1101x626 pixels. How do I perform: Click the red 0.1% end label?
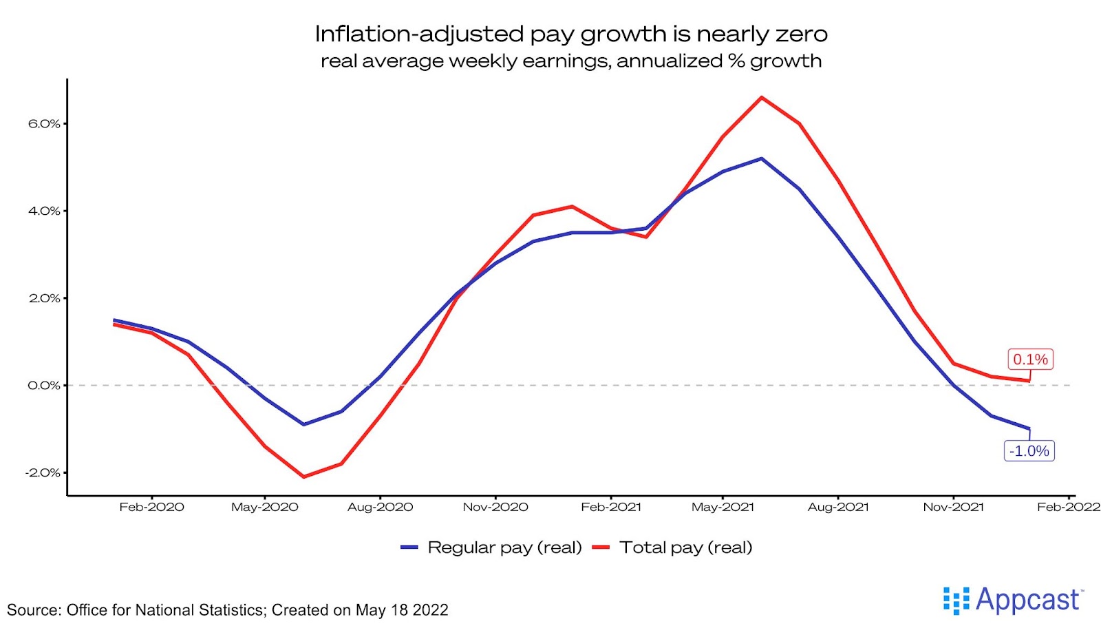click(1030, 359)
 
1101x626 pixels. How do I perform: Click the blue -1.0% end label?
click(1029, 451)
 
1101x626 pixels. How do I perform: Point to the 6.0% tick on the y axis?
click(44, 124)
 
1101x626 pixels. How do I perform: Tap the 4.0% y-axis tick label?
click(44, 211)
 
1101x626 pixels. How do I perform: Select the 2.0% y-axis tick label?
click(44, 298)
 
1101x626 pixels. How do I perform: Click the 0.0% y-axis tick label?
click(44, 386)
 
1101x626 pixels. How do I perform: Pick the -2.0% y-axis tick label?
click(43, 472)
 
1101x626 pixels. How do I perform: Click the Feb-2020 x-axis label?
click(151, 508)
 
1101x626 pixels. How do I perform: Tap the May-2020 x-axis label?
click(265, 508)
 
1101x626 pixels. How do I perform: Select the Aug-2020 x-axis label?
click(380, 508)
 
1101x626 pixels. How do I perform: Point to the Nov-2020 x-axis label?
click(495, 508)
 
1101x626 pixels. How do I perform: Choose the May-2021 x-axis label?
click(723, 508)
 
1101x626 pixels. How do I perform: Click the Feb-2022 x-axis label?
click(1068, 508)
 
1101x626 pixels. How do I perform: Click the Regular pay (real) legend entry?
click(504, 547)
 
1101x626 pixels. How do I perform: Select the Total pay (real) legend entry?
click(685, 547)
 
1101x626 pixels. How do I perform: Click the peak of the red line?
click(761, 98)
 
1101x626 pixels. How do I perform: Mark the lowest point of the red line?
click(303, 477)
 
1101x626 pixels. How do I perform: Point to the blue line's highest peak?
click(761, 159)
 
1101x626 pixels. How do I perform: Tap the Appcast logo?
click(1013, 600)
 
